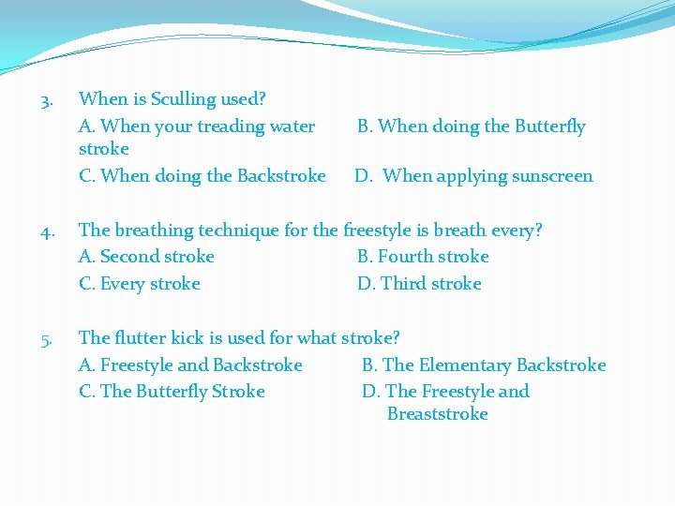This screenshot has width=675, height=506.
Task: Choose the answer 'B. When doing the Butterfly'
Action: [x=471, y=126]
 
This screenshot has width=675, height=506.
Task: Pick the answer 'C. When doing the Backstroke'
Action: [x=202, y=176]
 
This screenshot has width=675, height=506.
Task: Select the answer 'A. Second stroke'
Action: [x=147, y=257]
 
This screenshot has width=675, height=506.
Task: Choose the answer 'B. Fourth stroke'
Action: [x=423, y=257]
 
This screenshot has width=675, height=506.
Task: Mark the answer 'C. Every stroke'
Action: [x=140, y=284]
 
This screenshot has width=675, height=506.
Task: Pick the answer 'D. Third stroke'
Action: [x=419, y=284]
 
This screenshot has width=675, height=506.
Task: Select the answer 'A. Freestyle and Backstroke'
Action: [x=190, y=365]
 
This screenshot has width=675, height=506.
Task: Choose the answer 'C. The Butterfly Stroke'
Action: [x=172, y=392]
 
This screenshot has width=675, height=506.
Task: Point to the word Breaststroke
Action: [x=437, y=414]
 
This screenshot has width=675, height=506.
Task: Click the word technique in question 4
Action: [x=238, y=231]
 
